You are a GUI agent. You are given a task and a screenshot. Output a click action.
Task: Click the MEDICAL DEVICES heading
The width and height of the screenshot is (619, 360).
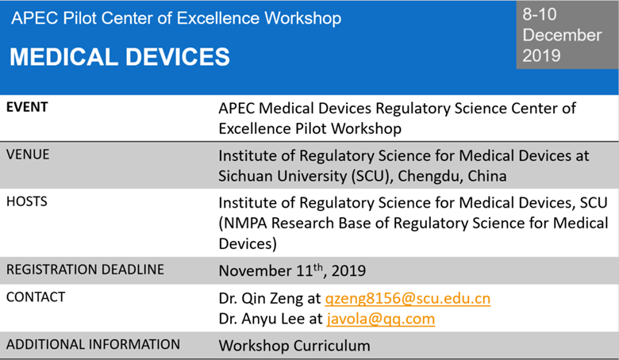point(120,56)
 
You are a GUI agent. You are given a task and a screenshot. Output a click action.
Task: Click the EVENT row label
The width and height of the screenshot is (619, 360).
point(27,107)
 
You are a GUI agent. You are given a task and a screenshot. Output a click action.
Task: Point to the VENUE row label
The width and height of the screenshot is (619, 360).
point(28,155)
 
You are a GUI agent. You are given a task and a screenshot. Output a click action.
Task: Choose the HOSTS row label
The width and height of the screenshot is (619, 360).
point(27,201)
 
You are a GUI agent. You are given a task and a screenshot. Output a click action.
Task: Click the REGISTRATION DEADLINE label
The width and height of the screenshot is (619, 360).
point(85,270)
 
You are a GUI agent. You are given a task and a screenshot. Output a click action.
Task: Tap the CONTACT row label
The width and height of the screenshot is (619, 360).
point(36,297)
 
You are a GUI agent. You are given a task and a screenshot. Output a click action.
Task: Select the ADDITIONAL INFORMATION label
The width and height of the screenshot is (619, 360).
point(93,345)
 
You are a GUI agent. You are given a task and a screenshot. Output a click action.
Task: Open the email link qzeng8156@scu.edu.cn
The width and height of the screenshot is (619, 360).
point(408,299)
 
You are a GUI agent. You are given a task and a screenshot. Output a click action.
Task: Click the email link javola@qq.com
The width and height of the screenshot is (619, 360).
point(381,319)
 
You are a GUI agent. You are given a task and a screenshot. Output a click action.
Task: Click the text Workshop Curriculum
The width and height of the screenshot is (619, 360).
point(294,346)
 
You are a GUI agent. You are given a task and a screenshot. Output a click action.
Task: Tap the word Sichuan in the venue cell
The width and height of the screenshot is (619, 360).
point(246,175)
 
